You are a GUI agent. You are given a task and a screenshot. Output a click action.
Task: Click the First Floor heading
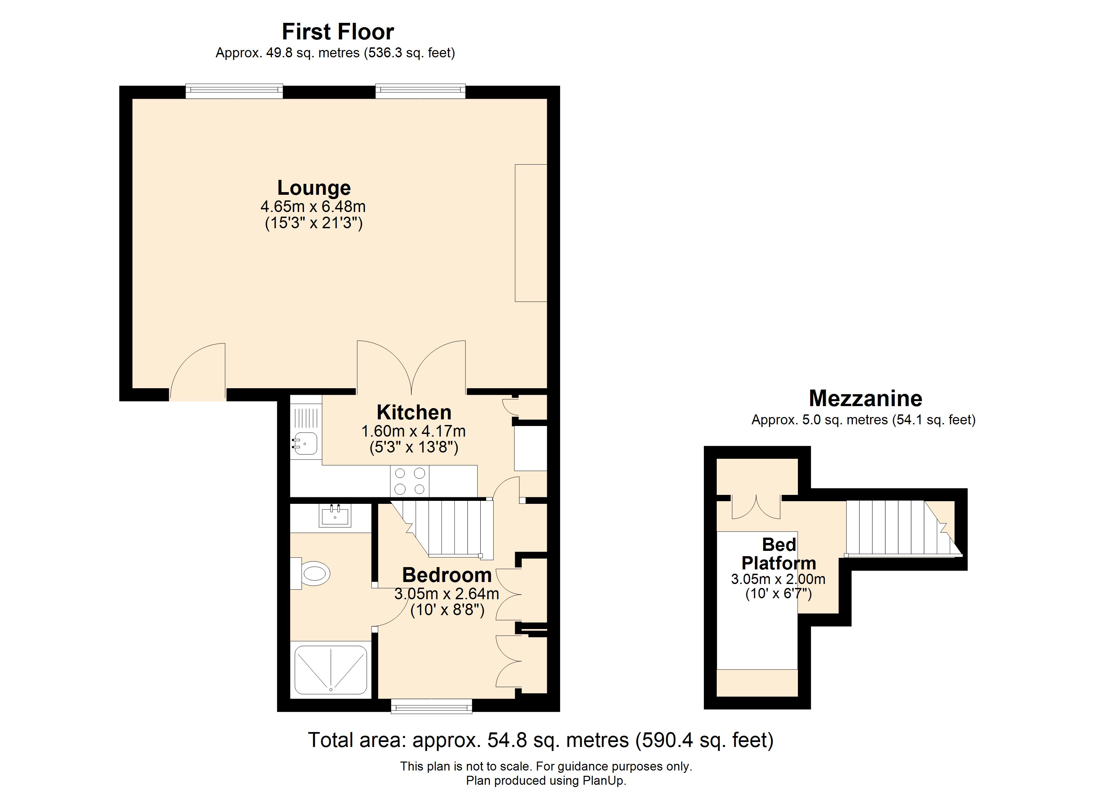pyautogui.click(x=338, y=32)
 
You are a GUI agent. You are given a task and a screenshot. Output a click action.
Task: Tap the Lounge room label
pyautogui.click(x=314, y=187)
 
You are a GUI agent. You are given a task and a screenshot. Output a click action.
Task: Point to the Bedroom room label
pyautogui.click(x=447, y=575)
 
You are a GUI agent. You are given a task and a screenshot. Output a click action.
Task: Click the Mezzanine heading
pyautogui.click(x=865, y=398)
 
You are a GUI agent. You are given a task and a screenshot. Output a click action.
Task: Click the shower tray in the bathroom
pyautogui.click(x=331, y=670)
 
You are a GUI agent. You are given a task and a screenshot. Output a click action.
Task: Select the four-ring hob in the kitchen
pyautogui.click(x=410, y=481)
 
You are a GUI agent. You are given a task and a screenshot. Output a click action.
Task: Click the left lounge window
pyautogui.click(x=234, y=91)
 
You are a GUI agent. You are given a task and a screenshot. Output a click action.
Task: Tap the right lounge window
pyautogui.click(x=420, y=91)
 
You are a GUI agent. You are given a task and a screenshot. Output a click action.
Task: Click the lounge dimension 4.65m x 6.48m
pyautogui.click(x=313, y=207)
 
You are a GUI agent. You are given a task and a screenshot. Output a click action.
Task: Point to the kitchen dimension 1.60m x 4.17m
pyautogui.click(x=413, y=431)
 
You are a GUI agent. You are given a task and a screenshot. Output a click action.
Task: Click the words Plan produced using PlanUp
pyautogui.click(x=546, y=780)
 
